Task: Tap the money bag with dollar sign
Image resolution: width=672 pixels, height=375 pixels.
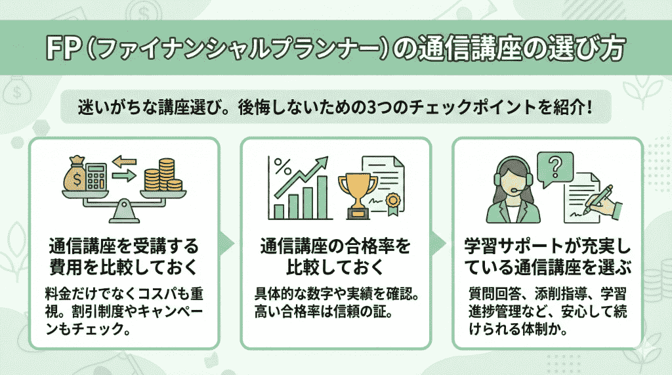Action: (75, 174)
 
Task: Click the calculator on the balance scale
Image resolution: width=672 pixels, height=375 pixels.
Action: (96, 176)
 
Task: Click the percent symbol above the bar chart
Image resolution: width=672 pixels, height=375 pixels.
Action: (282, 164)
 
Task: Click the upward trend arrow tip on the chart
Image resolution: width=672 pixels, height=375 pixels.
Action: (326, 160)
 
